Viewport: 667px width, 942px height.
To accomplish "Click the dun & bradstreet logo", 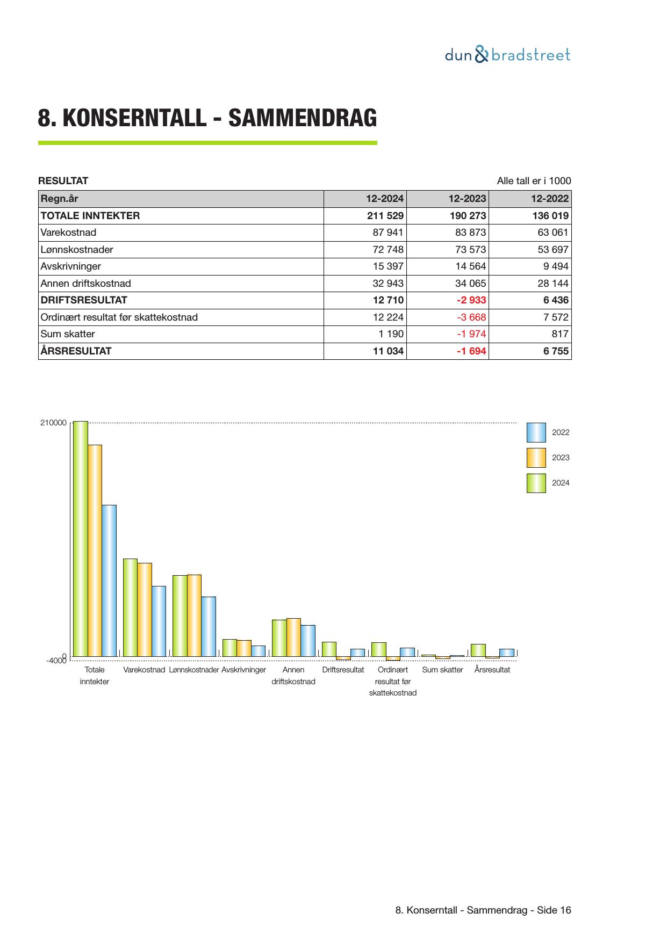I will pyautogui.click(x=507, y=55).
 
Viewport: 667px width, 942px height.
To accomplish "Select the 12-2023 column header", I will pyautogui.click(x=467, y=199).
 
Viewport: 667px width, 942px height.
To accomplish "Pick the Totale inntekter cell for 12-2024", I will pyautogui.click(x=384, y=216).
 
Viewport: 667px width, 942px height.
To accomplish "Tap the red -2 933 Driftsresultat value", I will pyautogui.click(x=471, y=300).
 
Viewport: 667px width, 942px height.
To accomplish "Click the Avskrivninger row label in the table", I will pyautogui.click(x=71, y=266).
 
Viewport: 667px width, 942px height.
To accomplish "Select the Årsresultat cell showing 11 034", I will pyautogui.click(x=388, y=351).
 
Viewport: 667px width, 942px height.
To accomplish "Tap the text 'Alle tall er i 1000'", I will pyautogui.click(x=534, y=181).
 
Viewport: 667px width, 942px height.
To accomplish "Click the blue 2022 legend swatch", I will pyautogui.click(x=536, y=432).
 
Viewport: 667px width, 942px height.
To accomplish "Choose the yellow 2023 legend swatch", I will pyautogui.click(x=536, y=458).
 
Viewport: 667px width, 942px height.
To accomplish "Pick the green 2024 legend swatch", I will pyautogui.click(x=536, y=483).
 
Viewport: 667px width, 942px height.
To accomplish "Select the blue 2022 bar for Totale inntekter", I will pyautogui.click(x=109, y=581).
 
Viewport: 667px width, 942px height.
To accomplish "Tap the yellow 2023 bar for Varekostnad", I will pyautogui.click(x=145, y=610).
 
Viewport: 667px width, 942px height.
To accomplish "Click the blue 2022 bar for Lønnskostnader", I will pyautogui.click(x=209, y=626).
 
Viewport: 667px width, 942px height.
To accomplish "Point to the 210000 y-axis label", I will pyautogui.click(x=53, y=423).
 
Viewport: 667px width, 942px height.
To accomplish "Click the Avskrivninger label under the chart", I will pyautogui.click(x=243, y=670).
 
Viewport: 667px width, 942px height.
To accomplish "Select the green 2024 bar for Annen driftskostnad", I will pyautogui.click(x=279, y=638).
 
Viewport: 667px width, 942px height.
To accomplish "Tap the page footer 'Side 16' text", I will pyautogui.click(x=554, y=910).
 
